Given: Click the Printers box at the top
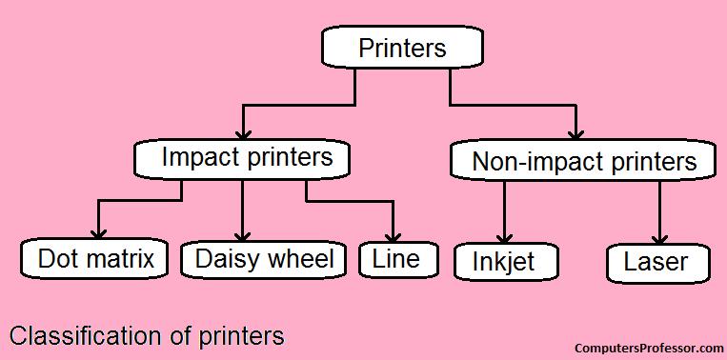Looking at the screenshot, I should click(x=401, y=48).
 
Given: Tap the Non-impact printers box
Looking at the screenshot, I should click(x=584, y=161).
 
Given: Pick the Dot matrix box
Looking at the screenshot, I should click(x=95, y=258).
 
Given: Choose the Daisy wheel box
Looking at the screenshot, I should click(x=263, y=258).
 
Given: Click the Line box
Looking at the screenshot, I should click(x=395, y=258).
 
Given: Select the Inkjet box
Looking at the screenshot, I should click(x=505, y=262).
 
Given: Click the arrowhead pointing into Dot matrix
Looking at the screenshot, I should click(x=95, y=233).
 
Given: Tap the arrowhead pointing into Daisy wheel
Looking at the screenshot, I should click(x=243, y=233).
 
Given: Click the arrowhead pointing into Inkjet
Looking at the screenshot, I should click(x=506, y=236).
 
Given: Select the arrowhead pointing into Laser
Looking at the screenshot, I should click(x=659, y=236).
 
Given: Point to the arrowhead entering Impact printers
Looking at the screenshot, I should click(x=244, y=132).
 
